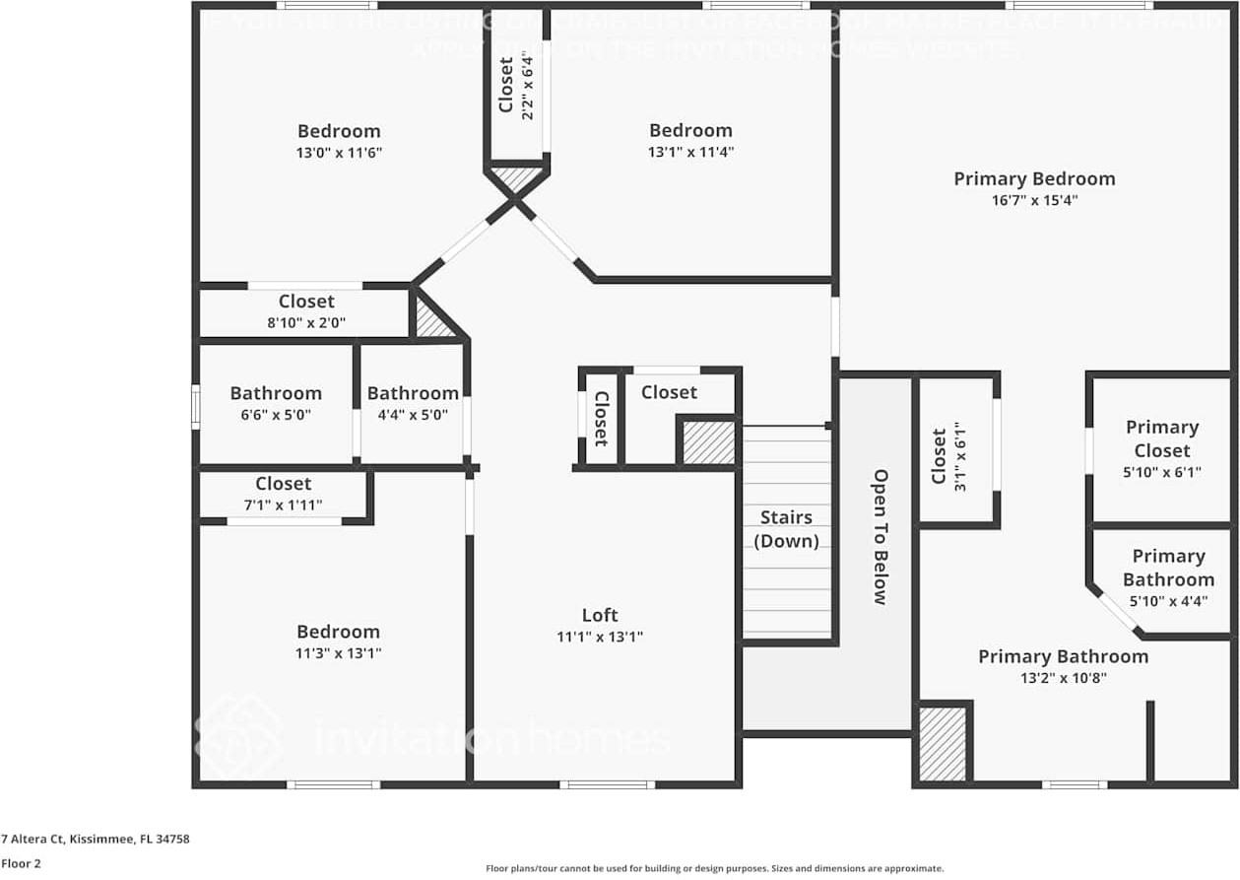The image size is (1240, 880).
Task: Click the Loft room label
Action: [x=599, y=616]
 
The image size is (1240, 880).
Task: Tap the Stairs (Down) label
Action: [x=786, y=529]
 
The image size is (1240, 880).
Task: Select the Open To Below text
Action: [x=881, y=536]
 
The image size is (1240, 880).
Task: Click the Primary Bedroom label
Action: [x=1034, y=178]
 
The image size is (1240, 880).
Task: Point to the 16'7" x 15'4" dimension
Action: [x=1034, y=200]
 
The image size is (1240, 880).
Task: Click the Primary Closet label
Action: [x=1162, y=439]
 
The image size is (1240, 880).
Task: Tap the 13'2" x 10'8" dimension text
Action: [x=1063, y=678]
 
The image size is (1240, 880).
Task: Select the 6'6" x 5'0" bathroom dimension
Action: [x=276, y=415]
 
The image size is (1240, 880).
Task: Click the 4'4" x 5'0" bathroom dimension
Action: [x=413, y=415]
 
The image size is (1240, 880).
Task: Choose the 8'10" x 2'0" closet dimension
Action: [x=306, y=322]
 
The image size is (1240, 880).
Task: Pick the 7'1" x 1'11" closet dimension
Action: [x=283, y=505]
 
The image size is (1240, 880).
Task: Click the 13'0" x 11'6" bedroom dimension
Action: [x=339, y=153]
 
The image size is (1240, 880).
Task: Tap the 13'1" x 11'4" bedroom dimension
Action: [x=690, y=152]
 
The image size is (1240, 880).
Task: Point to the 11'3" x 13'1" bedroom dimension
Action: [x=338, y=653]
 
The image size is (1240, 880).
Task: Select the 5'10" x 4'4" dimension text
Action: [x=1168, y=601]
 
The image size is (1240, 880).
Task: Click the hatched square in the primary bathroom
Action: [x=943, y=744]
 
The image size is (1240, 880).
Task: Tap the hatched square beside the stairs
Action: [x=708, y=442]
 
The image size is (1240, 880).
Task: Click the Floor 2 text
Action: [x=20, y=863]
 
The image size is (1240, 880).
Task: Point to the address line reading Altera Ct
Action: [x=96, y=840]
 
